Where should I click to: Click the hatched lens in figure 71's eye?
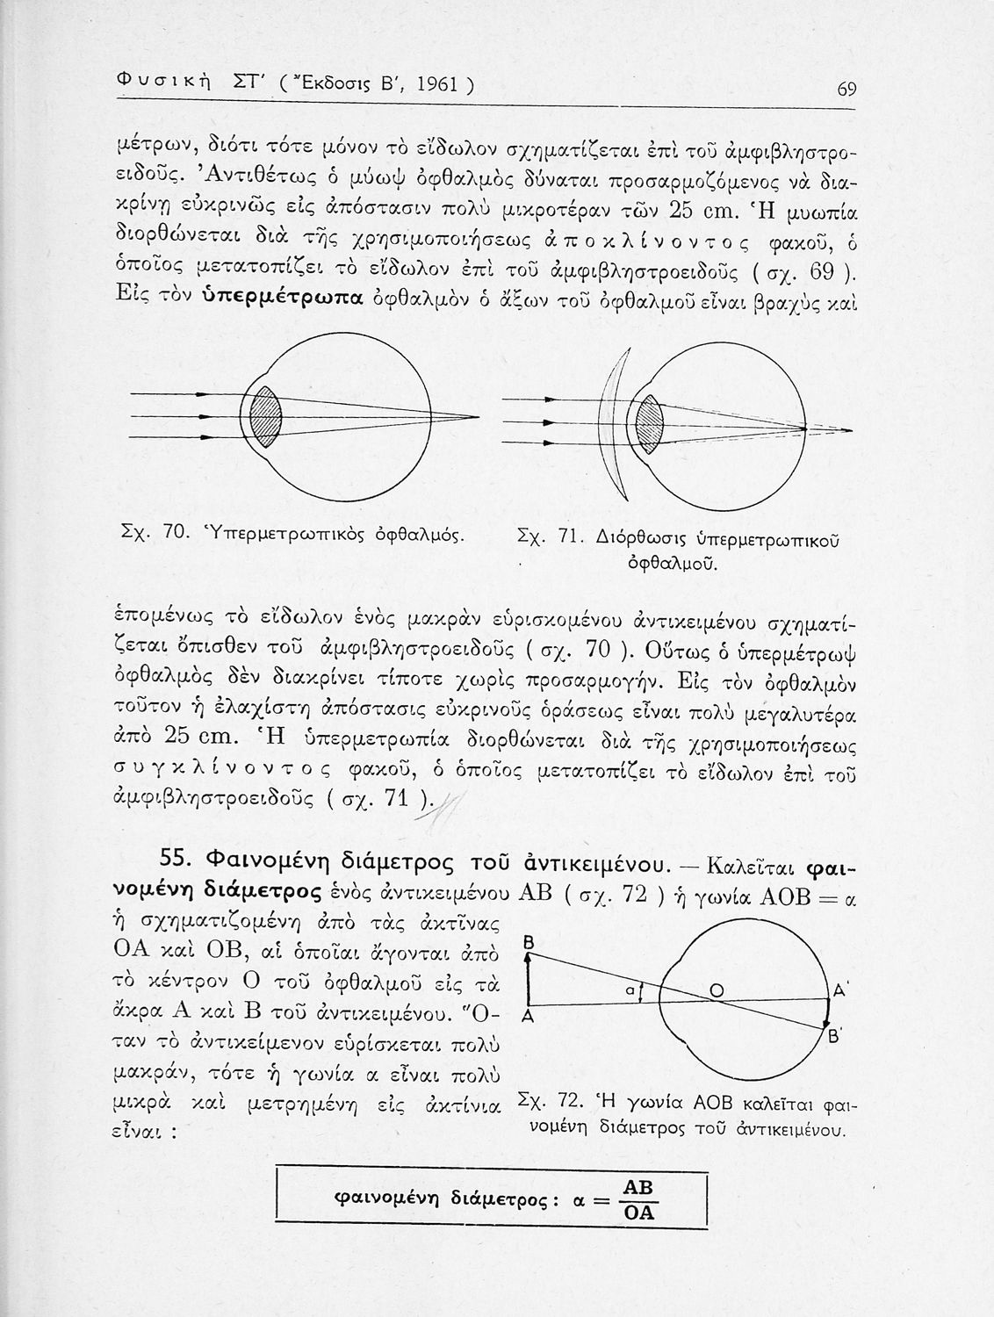coord(650,422)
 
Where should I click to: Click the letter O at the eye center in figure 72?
coord(717,990)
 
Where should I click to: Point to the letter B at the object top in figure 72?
coord(529,942)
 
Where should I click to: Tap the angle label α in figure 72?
coord(630,990)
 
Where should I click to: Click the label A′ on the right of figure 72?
coord(839,990)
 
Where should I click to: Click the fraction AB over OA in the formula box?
coord(637,1200)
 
